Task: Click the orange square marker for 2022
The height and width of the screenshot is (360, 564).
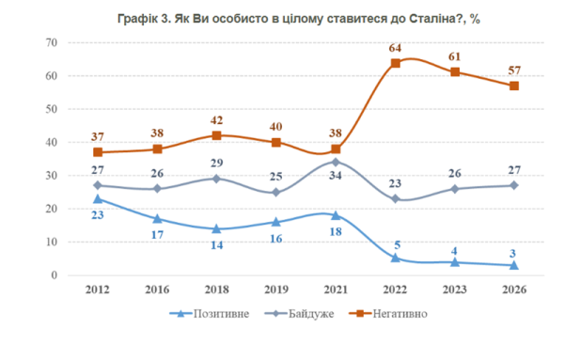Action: (x=396, y=63)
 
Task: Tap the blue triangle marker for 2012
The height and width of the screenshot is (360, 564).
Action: (x=98, y=199)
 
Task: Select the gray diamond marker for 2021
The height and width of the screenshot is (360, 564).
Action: (x=336, y=163)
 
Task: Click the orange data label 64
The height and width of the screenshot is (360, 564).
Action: (x=395, y=48)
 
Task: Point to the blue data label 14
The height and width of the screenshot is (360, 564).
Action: (x=216, y=245)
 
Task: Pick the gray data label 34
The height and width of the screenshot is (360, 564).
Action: (x=336, y=176)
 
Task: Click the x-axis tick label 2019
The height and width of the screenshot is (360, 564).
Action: (x=276, y=290)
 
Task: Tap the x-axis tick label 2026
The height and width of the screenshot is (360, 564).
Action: (x=514, y=290)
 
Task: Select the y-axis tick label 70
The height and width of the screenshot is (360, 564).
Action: (x=52, y=42)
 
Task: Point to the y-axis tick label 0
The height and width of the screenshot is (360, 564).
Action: (x=54, y=275)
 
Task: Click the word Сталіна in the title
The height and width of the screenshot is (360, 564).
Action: (x=431, y=19)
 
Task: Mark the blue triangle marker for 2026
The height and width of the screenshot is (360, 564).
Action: (x=514, y=265)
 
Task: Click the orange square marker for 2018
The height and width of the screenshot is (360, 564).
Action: (x=216, y=135)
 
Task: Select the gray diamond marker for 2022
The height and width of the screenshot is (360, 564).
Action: (x=396, y=199)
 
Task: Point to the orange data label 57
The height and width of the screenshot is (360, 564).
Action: (x=514, y=70)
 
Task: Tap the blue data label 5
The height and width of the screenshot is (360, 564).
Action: (x=397, y=245)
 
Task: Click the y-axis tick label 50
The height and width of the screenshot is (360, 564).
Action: (x=52, y=109)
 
